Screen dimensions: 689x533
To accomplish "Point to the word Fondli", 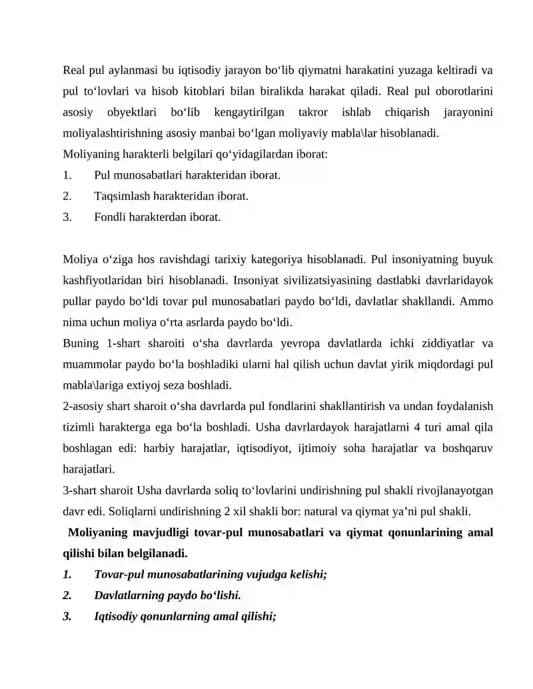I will tap(111, 216).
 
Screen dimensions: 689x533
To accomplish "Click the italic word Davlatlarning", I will tap(131, 595).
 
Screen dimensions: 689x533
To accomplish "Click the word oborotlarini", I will tap(463, 91).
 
